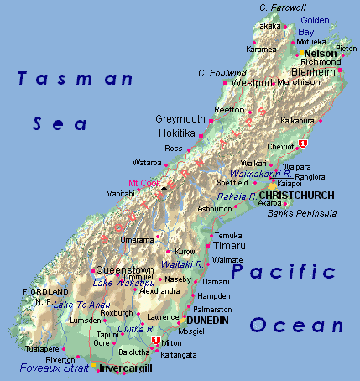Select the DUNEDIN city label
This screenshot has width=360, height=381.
206,320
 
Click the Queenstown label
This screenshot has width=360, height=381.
126,270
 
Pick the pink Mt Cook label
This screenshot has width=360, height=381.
143,183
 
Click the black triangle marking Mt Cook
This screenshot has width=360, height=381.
164,188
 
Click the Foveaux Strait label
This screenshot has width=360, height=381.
55,367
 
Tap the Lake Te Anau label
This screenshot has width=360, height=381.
82,304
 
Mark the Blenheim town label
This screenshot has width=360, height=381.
313,72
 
